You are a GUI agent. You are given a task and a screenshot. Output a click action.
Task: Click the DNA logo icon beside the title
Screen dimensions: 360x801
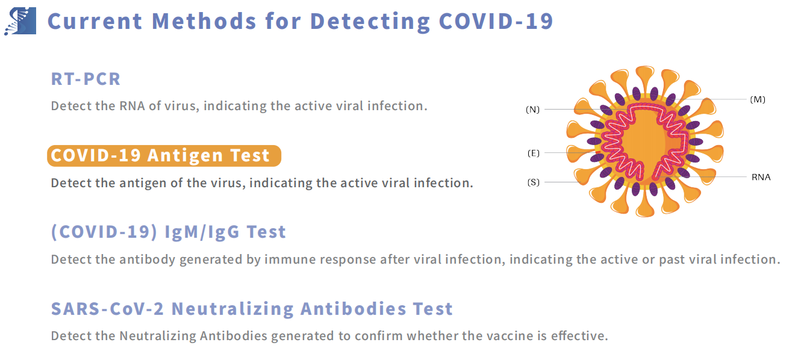[20, 21]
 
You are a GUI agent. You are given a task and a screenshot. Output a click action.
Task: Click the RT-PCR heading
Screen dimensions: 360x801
[86, 79]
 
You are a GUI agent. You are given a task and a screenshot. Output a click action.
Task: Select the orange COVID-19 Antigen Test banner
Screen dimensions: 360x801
[164, 155]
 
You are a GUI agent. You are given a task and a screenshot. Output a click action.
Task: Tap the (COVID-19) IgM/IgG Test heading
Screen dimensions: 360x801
[168, 232]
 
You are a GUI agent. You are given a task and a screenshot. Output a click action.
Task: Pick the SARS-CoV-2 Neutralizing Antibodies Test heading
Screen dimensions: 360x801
[252, 309]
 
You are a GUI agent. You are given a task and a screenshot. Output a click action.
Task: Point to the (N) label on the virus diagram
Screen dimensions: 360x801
[532, 110]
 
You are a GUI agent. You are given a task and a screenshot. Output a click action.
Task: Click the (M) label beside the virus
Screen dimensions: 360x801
[758, 99]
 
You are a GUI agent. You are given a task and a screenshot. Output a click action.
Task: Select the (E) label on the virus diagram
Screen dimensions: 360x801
[533, 153]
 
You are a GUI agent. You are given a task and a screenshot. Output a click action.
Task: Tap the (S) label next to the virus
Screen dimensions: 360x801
[533, 182]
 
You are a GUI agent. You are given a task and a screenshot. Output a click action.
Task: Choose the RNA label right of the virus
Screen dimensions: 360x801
[761, 177]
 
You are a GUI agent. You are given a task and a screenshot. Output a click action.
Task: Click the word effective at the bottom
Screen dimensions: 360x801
[579, 336]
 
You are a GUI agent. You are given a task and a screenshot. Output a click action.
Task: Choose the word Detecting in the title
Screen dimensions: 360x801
[369, 21]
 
